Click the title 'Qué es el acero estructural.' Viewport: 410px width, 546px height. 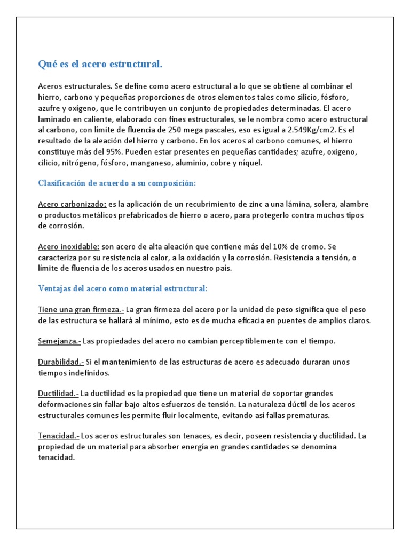click(x=100, y=65)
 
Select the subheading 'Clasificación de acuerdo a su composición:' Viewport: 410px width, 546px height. click(x=117, y=183)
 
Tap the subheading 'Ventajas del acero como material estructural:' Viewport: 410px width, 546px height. click(x=122, y=288)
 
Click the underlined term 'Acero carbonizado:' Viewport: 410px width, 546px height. click(x=72, y=204)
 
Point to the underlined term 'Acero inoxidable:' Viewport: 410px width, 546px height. click(x=69, y=246)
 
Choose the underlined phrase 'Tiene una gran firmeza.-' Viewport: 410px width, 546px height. click(x=81, y=309)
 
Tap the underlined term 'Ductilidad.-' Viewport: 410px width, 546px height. click(x=58, y=394)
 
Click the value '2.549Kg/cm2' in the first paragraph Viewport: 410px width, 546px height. click(x=310, y=130)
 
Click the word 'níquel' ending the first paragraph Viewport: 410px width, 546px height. click(x=251, y=163)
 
